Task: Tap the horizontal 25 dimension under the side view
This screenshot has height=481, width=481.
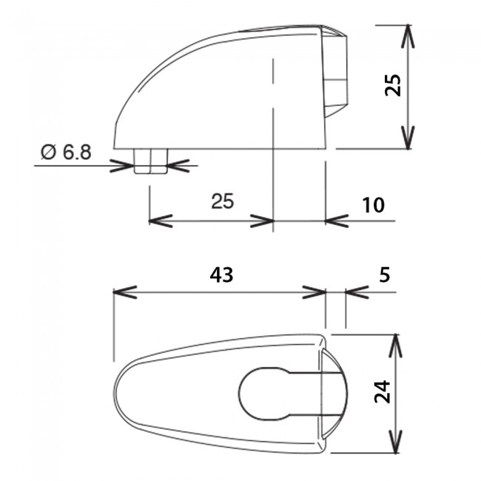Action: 222,201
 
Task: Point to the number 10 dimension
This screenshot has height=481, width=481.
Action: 374,204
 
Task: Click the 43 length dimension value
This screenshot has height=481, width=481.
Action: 221,275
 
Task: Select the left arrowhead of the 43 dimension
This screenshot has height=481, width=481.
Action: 123,291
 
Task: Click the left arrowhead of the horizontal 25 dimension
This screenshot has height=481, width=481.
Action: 159,221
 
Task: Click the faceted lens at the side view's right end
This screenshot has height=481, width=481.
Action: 337,70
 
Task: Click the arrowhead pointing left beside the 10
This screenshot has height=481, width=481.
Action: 334,221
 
